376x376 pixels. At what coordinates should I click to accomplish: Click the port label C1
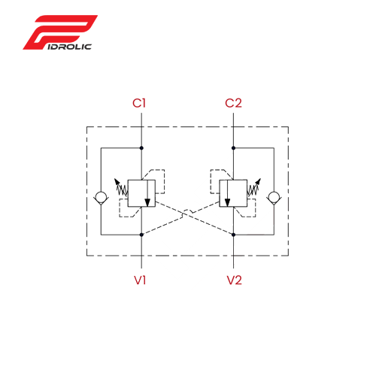[x=139, y=103]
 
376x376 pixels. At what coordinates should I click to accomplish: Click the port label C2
[x=233, y=103]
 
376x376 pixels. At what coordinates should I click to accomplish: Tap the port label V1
[x=140, y=280]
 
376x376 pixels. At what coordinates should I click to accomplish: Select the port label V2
[x=235, y=280]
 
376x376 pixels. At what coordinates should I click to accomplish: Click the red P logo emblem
[x=60, y=32]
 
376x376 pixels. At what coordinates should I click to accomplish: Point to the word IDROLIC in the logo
[x=69, y=47]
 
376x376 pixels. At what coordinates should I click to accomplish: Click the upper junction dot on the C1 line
[x=141, y=148]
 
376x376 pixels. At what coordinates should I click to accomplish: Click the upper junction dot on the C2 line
[x=233, y=148]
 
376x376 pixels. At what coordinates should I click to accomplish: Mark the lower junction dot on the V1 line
[x=141, y=235]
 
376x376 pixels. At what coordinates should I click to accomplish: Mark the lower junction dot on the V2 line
[x=233, y=235]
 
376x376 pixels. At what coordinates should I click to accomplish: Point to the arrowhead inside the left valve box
[x=147, y=202]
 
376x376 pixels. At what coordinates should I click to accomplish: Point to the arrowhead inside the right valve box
[x=227, y=202]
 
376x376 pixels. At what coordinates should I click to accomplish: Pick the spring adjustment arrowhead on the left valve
[x=117, y=181]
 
